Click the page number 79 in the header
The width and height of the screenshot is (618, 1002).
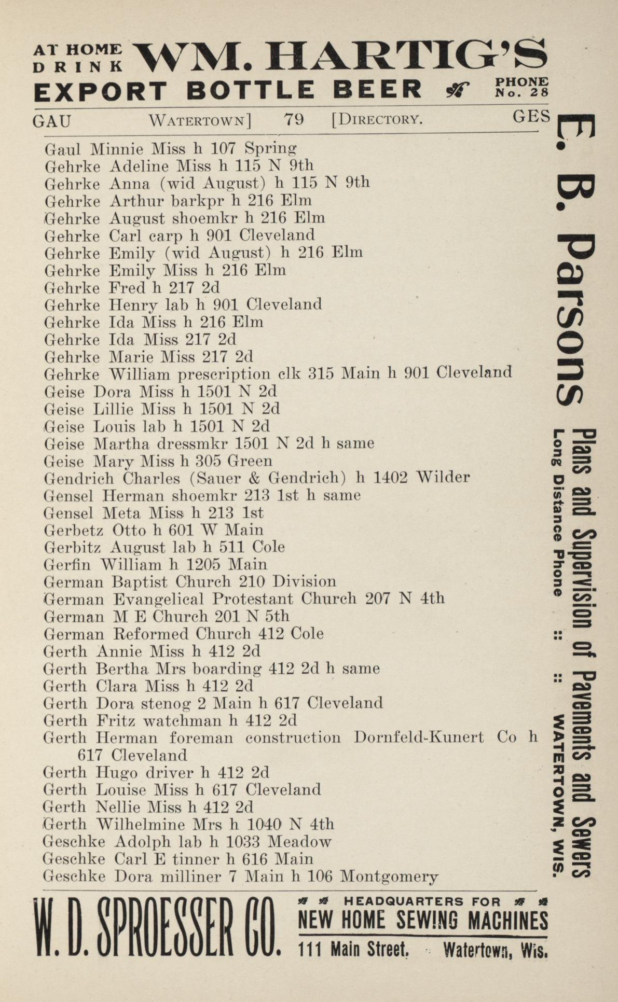click(293, 120)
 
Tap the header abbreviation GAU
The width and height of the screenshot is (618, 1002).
click(52, 121)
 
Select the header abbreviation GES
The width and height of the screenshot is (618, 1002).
click(531, 117)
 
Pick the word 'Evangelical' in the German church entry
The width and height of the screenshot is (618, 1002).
click(158, 599)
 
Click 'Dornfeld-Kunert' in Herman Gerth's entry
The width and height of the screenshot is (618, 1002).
click(419, 737)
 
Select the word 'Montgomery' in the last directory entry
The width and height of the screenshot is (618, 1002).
click(389, 877)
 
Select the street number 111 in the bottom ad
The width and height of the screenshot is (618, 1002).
click(312, 950)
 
